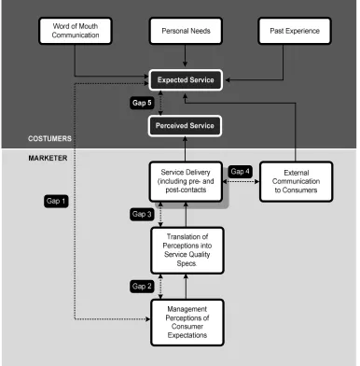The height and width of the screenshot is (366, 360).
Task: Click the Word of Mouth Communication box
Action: [x=76, y=31]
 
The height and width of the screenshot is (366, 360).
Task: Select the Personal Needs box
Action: [x=186, y=31]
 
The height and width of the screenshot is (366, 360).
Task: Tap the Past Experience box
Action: [x=295, y=31]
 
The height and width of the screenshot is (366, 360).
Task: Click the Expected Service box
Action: [x=186, y=80]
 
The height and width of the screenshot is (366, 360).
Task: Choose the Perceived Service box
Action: [x=185, y=126]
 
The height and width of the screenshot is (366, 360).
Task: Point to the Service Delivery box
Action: [x=186, y=181]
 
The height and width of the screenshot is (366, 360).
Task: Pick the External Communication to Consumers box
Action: [x=296, y=181]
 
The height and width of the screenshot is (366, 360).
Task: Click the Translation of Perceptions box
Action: [x=187, y=250]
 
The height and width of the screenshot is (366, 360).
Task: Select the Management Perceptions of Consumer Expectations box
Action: [x=187, y=322]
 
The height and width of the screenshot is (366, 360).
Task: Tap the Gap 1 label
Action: [x=56, y=201]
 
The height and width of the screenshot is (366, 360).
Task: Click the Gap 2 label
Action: [x=142, y=287]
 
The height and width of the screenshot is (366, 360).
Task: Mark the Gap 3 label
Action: [x=142, y=214]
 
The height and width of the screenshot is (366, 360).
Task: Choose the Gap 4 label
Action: [x=240, y=172]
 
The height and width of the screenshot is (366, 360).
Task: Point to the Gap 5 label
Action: [x=142, y=103]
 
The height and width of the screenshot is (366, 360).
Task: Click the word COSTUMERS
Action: [x=49, y=139]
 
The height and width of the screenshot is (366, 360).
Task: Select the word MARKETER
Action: [x=48, y=158]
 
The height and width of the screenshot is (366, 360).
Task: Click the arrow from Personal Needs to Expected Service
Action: [x=186, y=56]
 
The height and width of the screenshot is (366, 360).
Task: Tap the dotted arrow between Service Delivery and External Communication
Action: [x=242, y=181]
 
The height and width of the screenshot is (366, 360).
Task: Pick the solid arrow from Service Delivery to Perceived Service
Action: [x=186, y=149]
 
